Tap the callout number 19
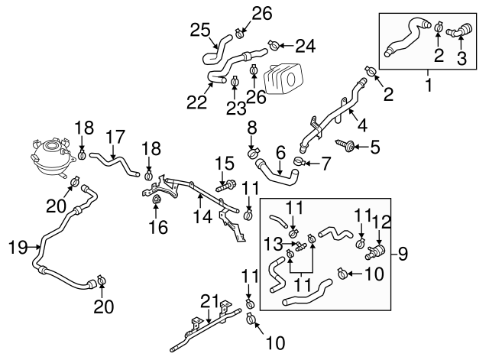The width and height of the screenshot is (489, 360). (17, 247)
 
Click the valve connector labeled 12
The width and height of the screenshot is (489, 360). (377, 251)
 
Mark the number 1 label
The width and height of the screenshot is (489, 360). (427, 86)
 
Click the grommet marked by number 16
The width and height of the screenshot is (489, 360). (157, 202)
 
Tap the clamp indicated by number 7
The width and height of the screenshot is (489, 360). (300, 161)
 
